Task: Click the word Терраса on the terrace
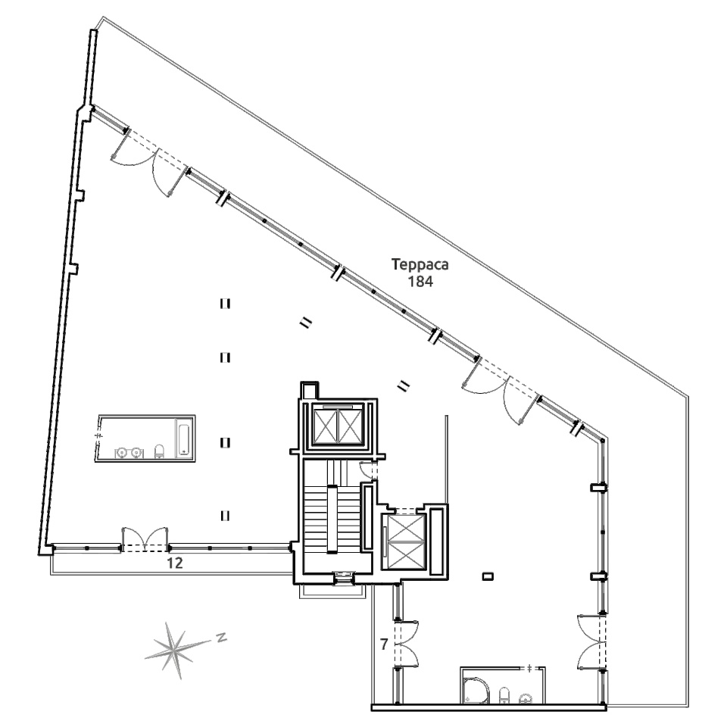pos(420,265)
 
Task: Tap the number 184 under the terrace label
pos(420,281)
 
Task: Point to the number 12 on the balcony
pos(175,563)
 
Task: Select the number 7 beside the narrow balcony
pos(384,644)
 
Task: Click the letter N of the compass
pos(222,637)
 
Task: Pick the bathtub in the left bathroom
pos(183,437)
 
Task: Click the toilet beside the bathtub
pos(159,451)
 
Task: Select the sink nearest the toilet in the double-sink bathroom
pos(136,452)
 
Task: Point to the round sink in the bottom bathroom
pos(526,697)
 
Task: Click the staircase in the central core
pos(332,518)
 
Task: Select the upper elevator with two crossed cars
pos(339,424)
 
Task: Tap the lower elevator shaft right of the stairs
pos(405,541)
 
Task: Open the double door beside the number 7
pos(407,644)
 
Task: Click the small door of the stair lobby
pos(370,472)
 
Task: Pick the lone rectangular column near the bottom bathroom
pos(488,577)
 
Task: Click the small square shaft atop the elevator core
pos(309,390)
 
